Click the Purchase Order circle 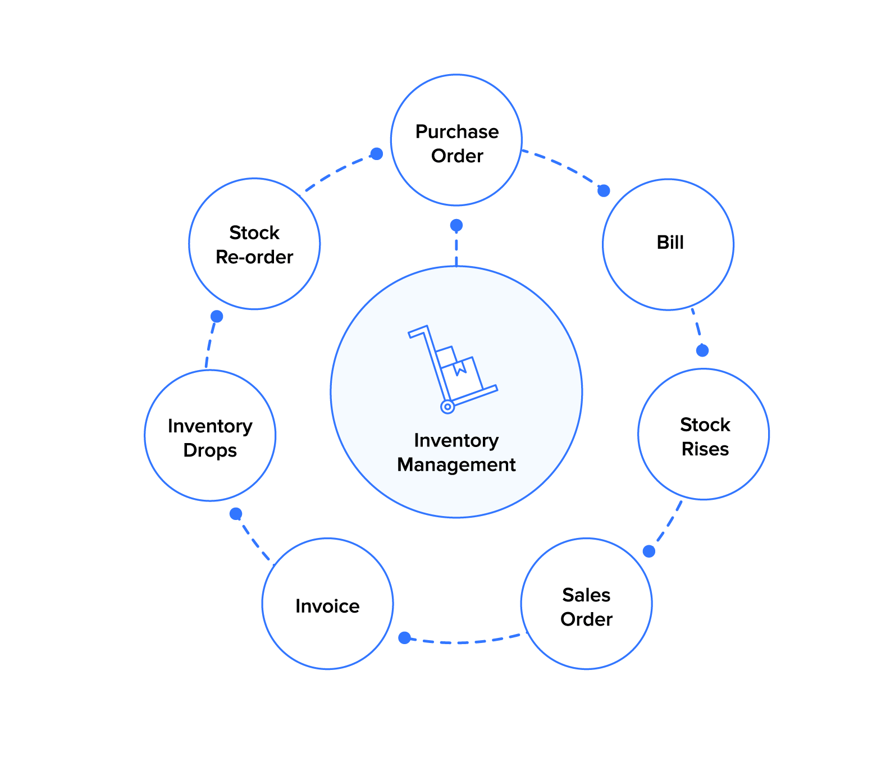(x=456, y=140)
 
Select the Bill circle (x=668, y=244)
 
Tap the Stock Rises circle (x=704, y=434)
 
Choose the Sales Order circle (x=586, y=604)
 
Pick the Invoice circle (x=327, y=604)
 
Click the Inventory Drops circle (x=210, y=435)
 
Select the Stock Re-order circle (x=254, y=244)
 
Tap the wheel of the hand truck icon (x=447, y=406)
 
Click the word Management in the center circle (x=456, y=465)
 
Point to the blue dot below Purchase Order (x=456, y=226)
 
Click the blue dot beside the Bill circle (x=604, y=191)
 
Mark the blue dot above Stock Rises (x=702, y=350)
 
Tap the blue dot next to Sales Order (x=648, y=551)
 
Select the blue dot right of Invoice (x=404, y=637)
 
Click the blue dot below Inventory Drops (x=236, y=514)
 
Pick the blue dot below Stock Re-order (x=217, y=317)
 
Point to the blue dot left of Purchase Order (x=376, y=154)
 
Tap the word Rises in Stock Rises (x=705, y=449)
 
